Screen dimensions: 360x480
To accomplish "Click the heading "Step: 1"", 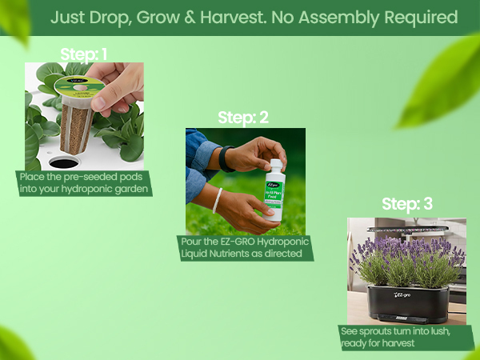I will point(84,54).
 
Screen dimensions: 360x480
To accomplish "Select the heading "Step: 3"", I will point(406,204).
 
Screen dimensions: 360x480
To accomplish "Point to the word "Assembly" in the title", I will point(358,17).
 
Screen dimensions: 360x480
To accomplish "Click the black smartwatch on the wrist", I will point(226,158).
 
